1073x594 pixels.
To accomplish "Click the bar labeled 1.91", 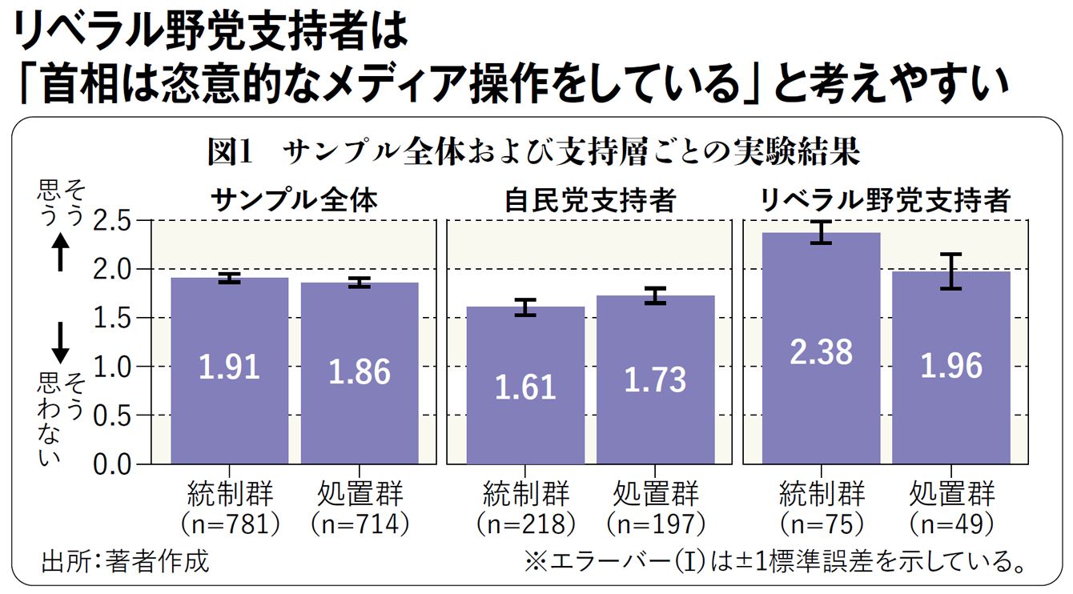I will tap(230, 371).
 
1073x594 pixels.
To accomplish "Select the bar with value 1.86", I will tap(360, 373).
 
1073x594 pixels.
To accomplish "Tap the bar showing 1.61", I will tap(525, 385).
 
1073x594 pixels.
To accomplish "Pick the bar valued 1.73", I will tap(655, 379).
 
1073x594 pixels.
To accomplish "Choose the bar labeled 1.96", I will tap(951, 367).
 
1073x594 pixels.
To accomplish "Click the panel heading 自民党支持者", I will tap(589, 200).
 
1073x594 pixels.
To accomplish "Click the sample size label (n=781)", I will tap(230, 524).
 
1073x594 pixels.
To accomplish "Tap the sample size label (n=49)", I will tap(952, 524).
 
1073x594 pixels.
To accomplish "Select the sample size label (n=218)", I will tap(526, 524).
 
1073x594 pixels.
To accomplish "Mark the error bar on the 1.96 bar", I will tap(951, 271).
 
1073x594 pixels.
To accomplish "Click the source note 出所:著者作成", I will tap(125, 561).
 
